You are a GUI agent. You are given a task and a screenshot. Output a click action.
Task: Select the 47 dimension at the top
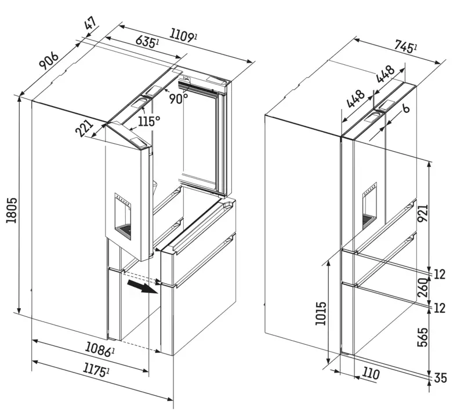90,26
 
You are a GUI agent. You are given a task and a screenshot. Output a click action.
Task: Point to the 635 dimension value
146,42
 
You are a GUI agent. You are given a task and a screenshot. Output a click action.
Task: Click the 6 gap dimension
405,108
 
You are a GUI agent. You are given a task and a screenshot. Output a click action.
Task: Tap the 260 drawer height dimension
423,286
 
